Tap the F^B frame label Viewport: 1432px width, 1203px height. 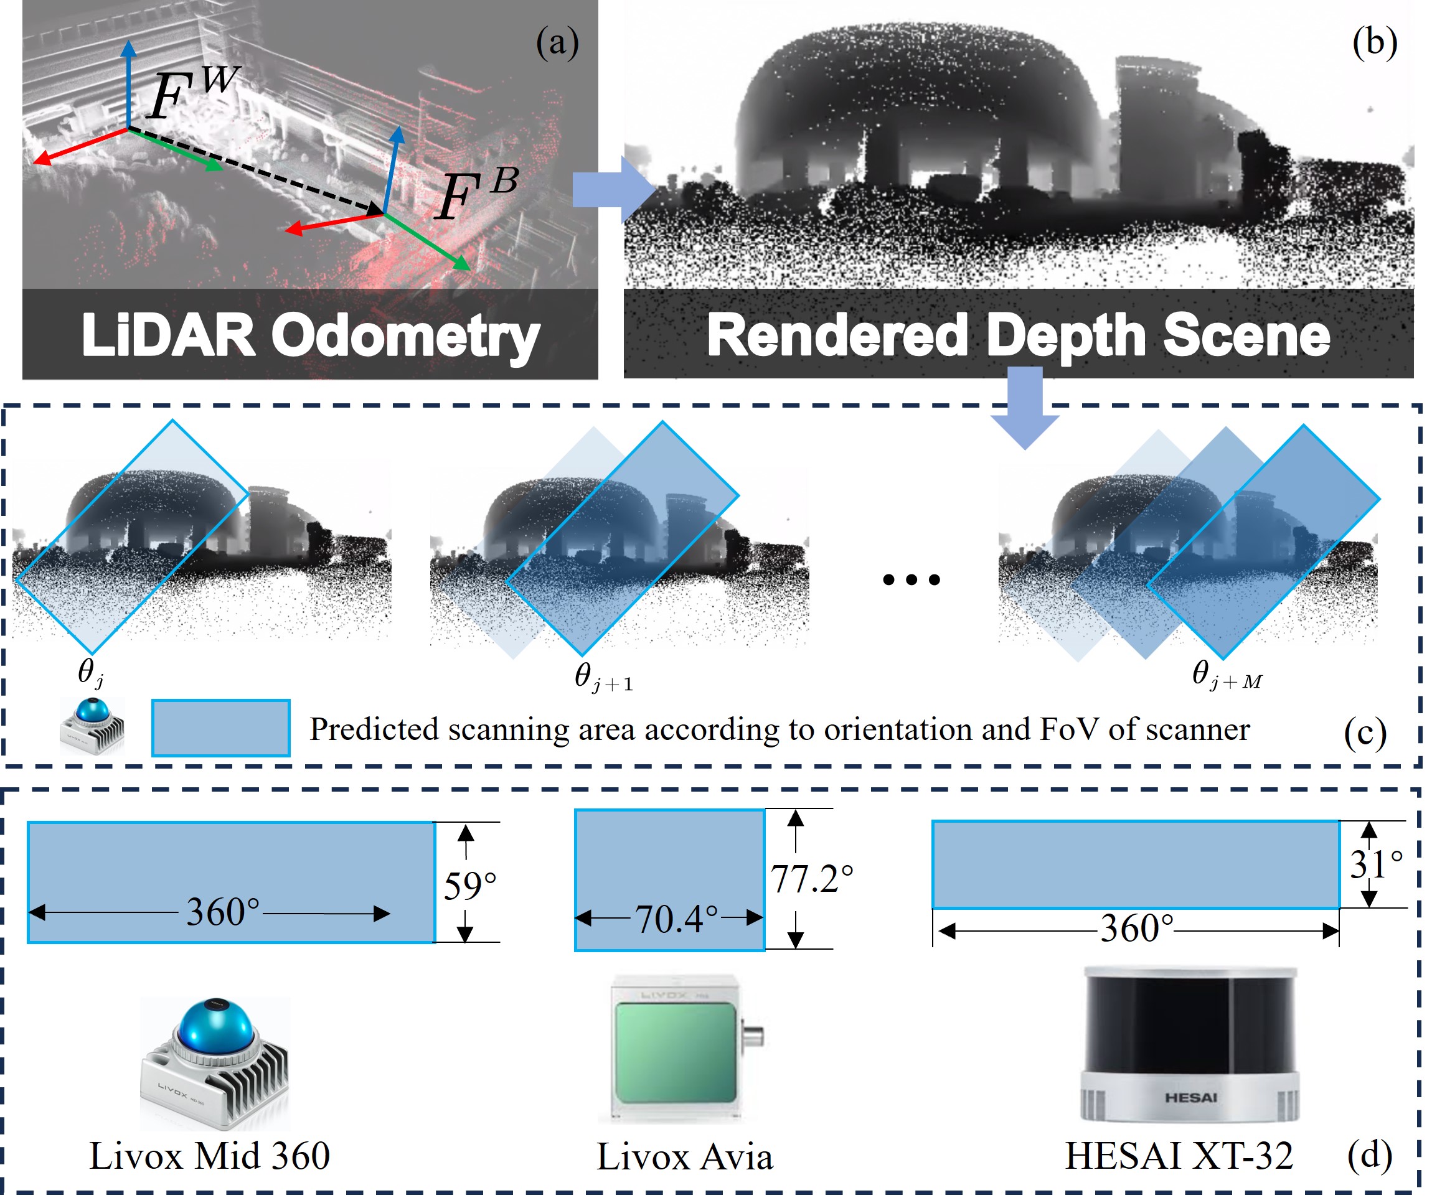tap(476, 194)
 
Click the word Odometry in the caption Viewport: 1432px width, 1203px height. tap(405, 335)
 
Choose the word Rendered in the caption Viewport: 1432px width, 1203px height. tap(837, 335)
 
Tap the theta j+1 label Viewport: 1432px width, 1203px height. tap(603, 677)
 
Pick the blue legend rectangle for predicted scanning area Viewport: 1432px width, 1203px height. tap(220, 728)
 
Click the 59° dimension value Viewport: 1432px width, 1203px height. tap(469, 887)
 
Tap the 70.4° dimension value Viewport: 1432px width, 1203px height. tap(676, 919)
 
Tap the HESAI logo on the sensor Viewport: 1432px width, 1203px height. tap(1190, 1098)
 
